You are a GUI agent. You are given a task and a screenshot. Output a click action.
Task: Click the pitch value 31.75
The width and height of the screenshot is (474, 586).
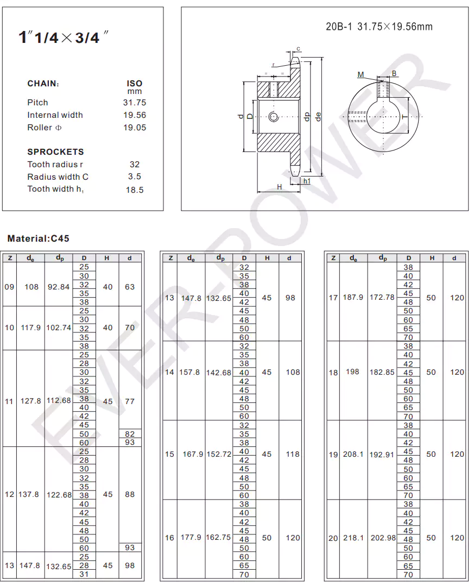(x=135, y=103)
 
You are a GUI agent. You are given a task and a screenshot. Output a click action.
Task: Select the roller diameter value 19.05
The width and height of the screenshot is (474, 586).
(x=135, y=128)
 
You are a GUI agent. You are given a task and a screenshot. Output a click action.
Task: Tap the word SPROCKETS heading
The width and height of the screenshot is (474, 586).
(x=56, y=152)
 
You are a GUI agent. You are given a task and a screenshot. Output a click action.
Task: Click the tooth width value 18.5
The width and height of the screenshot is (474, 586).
(x=135, y=190)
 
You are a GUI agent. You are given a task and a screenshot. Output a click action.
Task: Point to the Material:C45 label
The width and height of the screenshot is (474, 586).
(x=39, y=238)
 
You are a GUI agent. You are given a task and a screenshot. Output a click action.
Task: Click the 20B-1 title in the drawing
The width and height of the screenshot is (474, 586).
(x=379, y=27)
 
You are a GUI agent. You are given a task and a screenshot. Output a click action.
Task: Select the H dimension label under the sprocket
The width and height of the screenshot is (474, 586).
(x=280, y=187)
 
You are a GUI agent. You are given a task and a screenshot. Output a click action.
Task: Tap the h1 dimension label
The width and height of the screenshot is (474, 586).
(x=307, y=181)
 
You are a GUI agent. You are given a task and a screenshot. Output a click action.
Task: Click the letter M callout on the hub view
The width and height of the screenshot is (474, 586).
(x=361, y=75)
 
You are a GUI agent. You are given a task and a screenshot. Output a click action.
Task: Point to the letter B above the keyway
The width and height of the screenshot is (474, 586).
(x=394, y=74)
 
